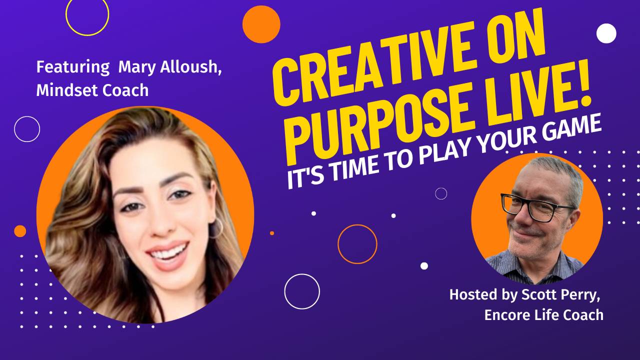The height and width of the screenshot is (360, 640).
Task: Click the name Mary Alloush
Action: coord(170,67)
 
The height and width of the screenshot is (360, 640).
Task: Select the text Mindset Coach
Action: coord(92,90)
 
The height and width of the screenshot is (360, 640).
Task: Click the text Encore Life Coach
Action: coord(543,315)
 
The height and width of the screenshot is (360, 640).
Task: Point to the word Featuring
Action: coord(72,67)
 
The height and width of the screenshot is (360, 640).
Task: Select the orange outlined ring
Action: coord(357,244)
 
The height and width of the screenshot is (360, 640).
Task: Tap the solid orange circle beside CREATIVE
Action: coord(261,24)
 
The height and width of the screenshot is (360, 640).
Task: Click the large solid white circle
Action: coord(606,33)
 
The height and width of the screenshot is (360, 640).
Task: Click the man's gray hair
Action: coord(560,172)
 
